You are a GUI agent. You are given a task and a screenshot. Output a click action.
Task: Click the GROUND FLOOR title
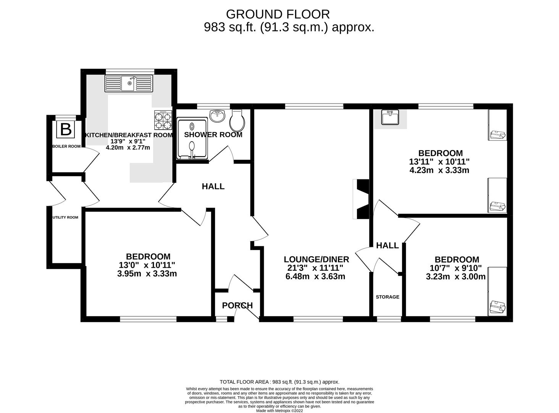click(278, 14)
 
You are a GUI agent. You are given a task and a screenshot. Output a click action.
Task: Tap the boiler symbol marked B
click(66, 130)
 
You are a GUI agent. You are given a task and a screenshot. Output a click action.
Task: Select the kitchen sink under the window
click(129, 83)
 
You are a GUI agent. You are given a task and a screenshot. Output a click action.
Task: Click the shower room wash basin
click(218, 115)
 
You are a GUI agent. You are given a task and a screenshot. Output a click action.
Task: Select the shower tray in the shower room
click(192, 138)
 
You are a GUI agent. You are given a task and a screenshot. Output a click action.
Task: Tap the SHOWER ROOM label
click(213, 135)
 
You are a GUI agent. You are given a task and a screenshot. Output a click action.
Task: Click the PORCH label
click(237, 305)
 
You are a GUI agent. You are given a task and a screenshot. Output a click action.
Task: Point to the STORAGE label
click(387, 297)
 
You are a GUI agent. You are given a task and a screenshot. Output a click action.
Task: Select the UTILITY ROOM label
click(65, 217)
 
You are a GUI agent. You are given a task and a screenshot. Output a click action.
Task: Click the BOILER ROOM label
click(66, 146)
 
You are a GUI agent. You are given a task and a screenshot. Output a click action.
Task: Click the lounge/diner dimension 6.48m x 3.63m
click(315, 276)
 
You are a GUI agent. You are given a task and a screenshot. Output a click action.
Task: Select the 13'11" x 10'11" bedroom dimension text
click(439, 162)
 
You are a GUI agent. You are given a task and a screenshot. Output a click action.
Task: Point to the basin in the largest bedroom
click(390, 117)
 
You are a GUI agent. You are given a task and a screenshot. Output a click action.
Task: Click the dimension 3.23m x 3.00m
click(456, 276)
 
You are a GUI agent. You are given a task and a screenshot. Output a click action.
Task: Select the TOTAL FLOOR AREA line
click(279, 382)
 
